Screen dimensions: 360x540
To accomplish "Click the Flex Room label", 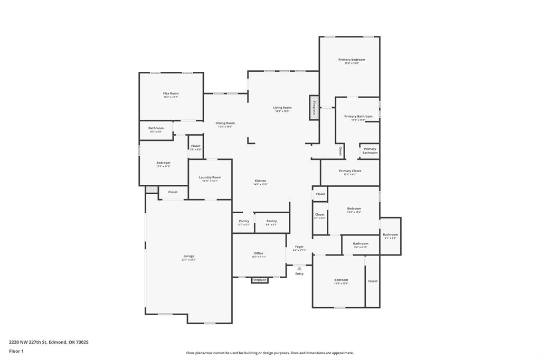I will [170, 93].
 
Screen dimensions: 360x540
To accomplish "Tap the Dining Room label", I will [225, 124].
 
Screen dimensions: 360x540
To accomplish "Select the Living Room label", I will [282, 108].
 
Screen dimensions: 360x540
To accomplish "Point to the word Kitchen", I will [261, 181].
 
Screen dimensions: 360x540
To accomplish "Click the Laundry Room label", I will [210, 177].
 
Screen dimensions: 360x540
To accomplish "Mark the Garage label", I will [188, 256].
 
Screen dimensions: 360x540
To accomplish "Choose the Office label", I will [259, 253].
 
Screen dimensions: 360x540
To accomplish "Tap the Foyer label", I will [299, 247].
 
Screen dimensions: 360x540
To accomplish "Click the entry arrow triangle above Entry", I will [299, 268].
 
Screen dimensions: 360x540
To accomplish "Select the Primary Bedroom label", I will [352, 60].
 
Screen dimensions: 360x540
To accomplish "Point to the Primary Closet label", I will [350, 171].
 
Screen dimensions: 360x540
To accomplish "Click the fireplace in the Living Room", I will [314, 108].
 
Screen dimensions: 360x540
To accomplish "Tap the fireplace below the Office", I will [259, 280].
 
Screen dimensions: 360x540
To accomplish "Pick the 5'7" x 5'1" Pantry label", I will [244, 221].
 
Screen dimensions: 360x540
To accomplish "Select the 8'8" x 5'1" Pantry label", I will [271, 221].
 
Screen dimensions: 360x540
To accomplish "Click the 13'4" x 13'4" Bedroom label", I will [341, 280].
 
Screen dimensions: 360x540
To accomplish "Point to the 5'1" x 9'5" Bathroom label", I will [391, 235].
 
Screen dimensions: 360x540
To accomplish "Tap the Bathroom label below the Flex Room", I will [156, 128].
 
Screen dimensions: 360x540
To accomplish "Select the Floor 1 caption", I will [16, 351].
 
